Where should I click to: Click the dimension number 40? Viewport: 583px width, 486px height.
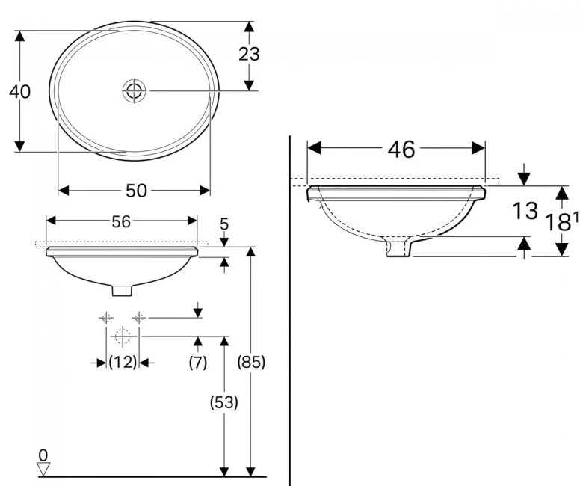[x=19, y=91]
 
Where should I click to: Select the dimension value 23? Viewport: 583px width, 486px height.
[x=249, y=54]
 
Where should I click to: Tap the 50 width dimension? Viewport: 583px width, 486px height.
[x=135, y=191]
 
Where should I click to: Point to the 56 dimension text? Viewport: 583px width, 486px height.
[x=121, y=221]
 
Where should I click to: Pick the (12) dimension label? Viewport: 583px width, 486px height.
[x=122, y=363]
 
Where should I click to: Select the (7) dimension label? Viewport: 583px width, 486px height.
[x=197, y=363]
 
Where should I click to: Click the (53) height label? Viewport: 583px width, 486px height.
[x=223, y=402]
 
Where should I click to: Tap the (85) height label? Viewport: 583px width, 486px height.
[x=250, y=363]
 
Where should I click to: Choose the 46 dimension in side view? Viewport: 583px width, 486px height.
[x=401, y=150]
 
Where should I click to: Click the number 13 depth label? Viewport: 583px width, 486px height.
[x=525, y=212]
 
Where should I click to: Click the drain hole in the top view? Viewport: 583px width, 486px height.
[x=135, y=90]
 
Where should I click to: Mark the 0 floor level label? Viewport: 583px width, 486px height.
[x=43, y=454]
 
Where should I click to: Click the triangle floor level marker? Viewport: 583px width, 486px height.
[x=43, y=469]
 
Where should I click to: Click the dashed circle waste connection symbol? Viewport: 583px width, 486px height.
[x=123, y=336]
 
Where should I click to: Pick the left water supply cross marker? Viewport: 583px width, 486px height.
[x=105, y=318]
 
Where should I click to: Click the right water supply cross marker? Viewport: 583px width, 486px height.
[x=138, y=318]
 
